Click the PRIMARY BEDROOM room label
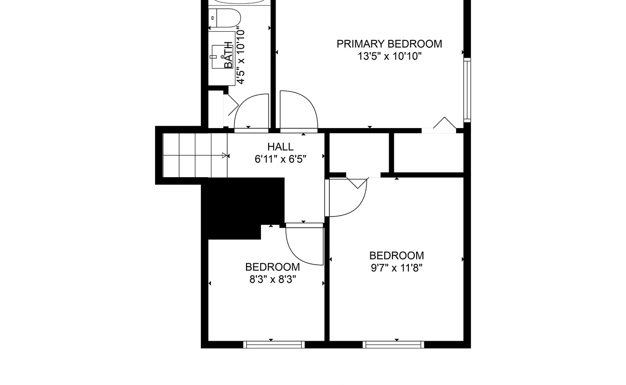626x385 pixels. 389,44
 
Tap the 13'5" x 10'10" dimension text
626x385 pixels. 390,56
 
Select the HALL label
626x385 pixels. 280,147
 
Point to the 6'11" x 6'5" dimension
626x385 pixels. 280,159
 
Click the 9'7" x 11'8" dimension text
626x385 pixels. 397,268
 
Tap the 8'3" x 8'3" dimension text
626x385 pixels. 273,280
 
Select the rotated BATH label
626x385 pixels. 229,55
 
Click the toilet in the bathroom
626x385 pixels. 225,18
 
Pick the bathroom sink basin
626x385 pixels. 222,57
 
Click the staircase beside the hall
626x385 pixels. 195,155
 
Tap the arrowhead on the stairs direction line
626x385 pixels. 224,155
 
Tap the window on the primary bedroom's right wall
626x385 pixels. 467,90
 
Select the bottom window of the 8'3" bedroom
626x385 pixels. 274,345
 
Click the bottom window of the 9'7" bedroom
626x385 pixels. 393,345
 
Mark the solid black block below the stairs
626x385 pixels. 243,208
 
